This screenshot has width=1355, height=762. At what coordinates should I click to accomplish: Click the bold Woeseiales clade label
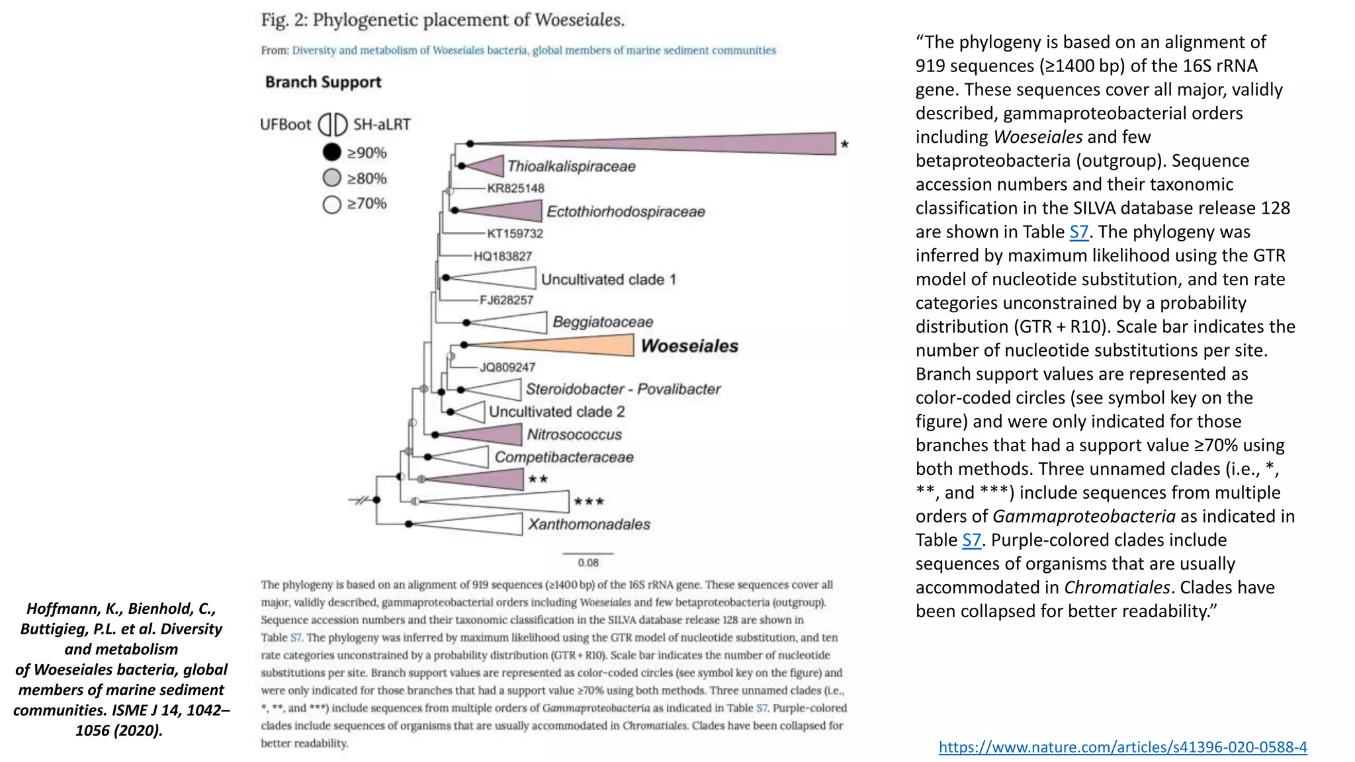coord(689,346)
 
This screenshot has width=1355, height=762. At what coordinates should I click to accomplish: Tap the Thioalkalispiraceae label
coord(571,167)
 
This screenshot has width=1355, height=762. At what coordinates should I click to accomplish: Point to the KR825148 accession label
coord(515,189)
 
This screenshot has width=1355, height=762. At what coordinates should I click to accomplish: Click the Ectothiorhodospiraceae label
coord(625,212)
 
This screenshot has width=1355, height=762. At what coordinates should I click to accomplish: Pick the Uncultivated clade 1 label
coord(608,279)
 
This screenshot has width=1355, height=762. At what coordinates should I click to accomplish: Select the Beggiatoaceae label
coord(603,322)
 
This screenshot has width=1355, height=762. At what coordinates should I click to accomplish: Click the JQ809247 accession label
coord(507,367)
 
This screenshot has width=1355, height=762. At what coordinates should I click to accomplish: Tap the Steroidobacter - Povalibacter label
coord(623,389)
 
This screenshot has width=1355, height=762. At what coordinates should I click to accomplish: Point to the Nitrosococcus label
coord(574,435)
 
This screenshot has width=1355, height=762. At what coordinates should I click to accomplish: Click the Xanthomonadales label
coord(589,525)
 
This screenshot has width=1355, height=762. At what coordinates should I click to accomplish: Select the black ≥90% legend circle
coord(331,153)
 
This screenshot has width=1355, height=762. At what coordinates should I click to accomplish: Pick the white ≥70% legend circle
coord(331,204)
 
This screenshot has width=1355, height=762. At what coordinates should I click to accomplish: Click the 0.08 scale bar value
coord(588,563)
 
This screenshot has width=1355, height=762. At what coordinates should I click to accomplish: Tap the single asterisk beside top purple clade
coord(844,144)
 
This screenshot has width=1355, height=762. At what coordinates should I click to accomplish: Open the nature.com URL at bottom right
coord(1122,747)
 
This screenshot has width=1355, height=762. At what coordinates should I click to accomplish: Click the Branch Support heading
coord(323,82)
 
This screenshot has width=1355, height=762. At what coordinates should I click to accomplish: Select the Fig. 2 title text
coord(442,20)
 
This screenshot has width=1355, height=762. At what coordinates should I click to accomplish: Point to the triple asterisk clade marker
coord(589,501)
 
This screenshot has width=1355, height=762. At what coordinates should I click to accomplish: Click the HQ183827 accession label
coord(502,256)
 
